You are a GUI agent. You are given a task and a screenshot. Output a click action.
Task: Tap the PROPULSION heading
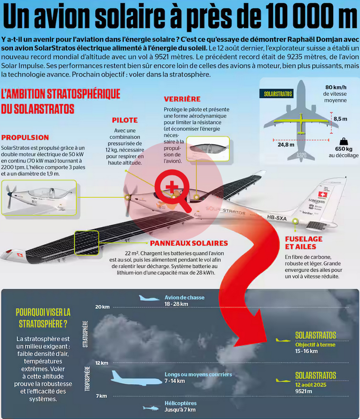coord(25,137)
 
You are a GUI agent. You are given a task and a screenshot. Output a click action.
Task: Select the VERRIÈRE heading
coord(182,99)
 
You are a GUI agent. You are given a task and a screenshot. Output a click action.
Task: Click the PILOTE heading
coord(125,120)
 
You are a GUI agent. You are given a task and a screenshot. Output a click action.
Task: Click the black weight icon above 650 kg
coord(343,142)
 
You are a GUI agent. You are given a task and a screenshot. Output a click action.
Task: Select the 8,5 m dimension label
coord(340,119)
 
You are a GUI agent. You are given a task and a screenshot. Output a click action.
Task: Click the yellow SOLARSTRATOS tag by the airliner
coord(278,94)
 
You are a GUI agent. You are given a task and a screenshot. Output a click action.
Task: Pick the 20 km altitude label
coord(102,307)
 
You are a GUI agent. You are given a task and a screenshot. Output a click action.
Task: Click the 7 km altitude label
coord(101,396)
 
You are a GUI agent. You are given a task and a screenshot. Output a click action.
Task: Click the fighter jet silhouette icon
coord(150,298)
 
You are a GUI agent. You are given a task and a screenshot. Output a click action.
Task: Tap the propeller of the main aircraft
coord(128,196)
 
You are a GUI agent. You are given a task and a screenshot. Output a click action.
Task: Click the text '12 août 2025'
coord(311,384)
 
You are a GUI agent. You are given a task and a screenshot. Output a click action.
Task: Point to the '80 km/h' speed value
coord(337,87)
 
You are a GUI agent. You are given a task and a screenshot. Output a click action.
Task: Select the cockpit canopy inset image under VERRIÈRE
coord(208,148)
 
